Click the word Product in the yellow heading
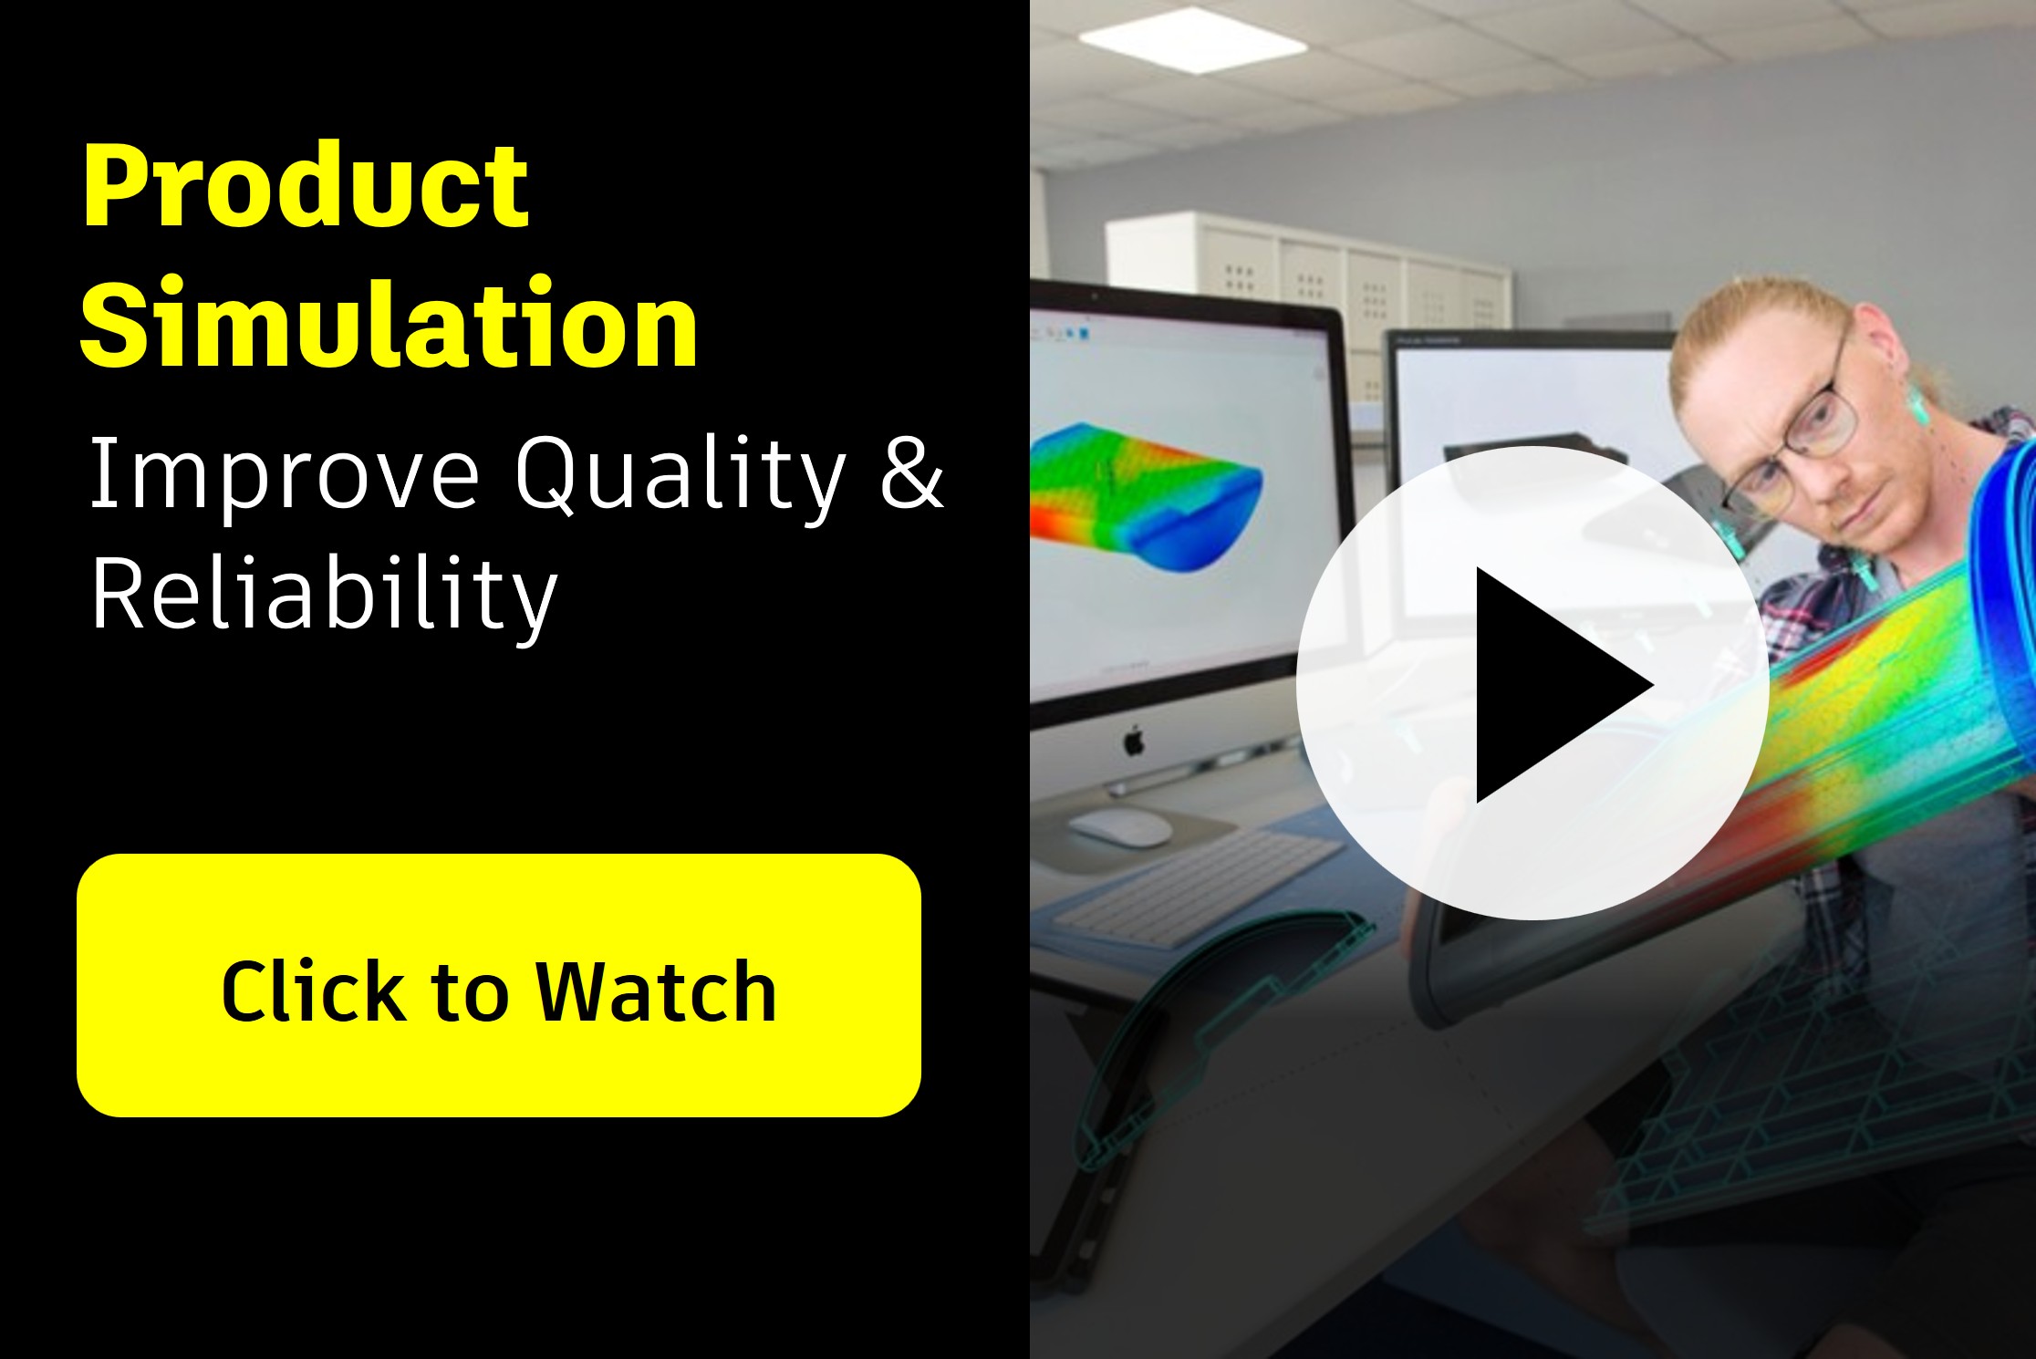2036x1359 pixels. click(306, 187)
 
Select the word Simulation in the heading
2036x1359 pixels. click(390, 324)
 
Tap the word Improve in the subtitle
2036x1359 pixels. click(284, 474)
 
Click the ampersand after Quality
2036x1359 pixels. click(911, 472)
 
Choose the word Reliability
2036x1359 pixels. click(324, 595)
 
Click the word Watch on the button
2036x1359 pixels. click(655, 991)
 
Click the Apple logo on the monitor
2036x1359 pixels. click(1134, 741)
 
